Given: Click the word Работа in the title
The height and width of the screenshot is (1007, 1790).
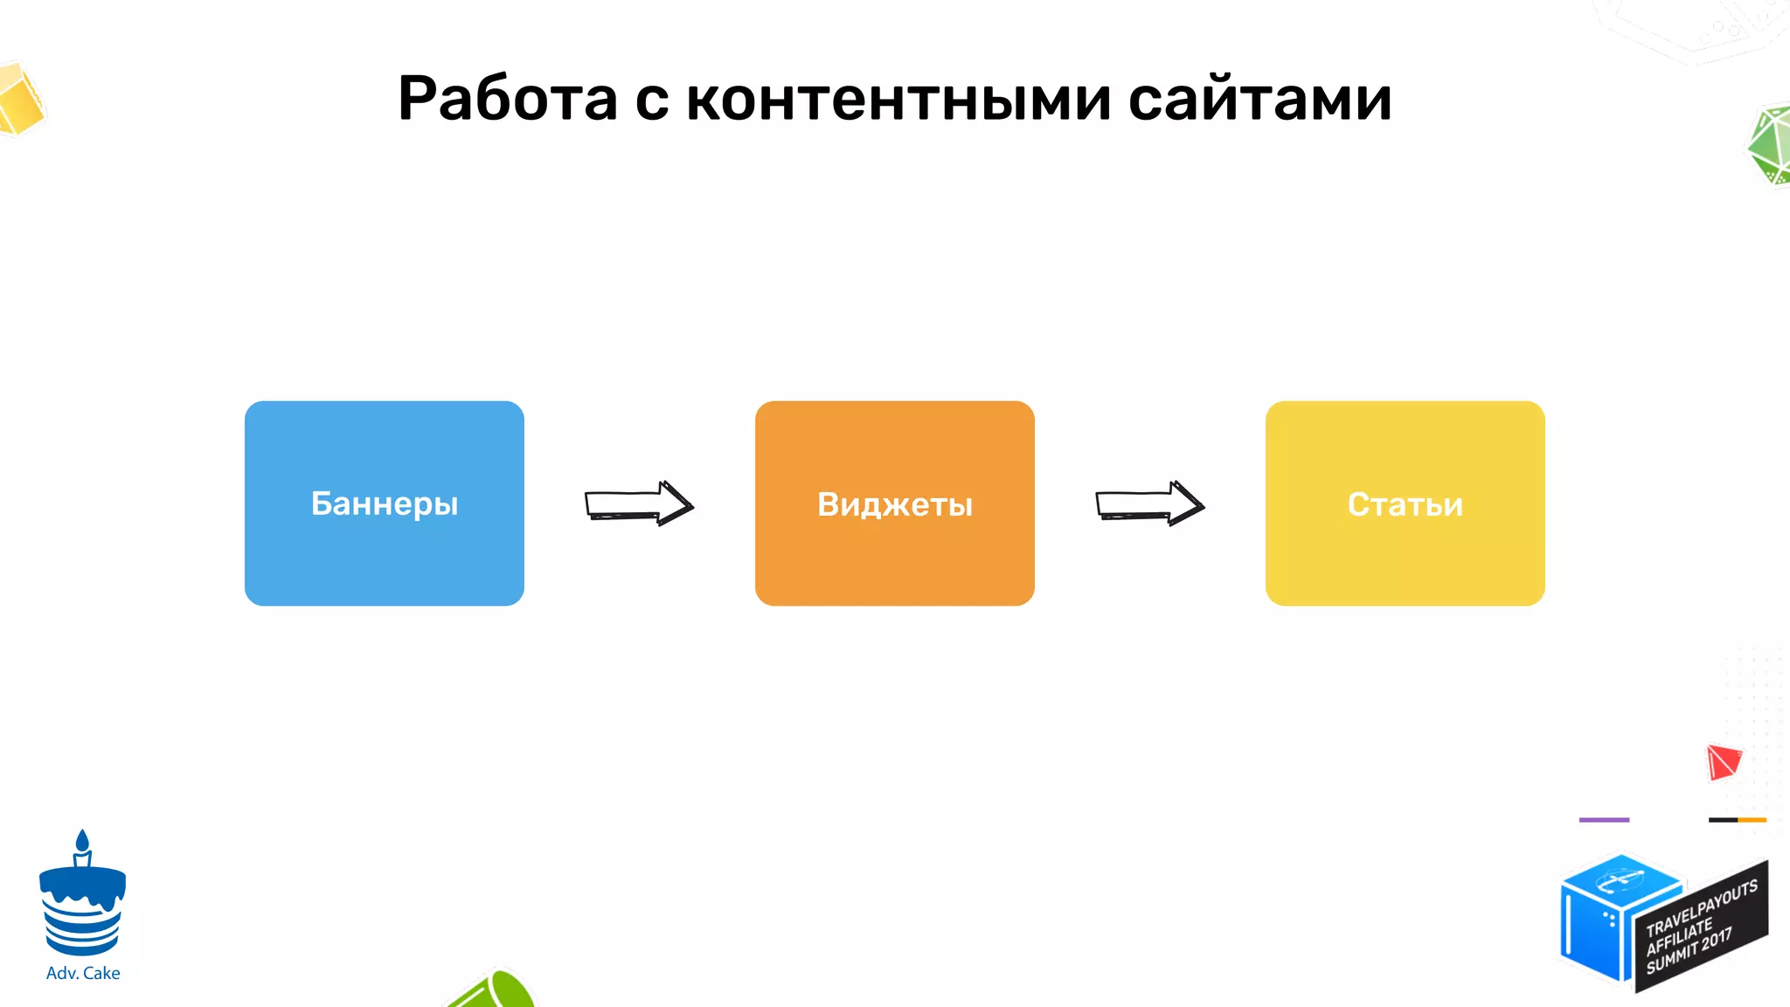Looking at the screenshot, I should (507, 98).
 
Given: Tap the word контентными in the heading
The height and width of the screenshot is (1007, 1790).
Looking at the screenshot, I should (898, 100).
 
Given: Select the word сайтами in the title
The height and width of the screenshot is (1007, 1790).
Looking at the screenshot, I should (1259, 100).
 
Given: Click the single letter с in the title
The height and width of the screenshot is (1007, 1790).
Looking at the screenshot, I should (652, 101).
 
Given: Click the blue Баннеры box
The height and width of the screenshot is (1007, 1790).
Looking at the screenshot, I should (385, 503).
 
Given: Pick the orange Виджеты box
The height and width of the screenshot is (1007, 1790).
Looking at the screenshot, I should (894, 503).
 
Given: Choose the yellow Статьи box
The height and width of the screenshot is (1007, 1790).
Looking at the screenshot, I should (1405, 503).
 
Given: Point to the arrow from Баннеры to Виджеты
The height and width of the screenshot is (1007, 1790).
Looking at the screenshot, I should (639, 503).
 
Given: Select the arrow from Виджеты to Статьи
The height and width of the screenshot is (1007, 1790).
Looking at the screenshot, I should (1150, 503).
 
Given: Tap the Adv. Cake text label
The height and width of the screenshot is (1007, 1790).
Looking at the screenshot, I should (83, 973).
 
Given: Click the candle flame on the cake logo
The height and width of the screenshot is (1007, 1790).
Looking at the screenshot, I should (82, 840).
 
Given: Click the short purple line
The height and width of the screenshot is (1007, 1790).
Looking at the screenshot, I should (1604, 820).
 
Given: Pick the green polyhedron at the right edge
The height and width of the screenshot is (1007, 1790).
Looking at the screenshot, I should (1769, 146).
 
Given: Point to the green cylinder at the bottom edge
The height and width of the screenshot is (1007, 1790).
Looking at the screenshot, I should (494, 993).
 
